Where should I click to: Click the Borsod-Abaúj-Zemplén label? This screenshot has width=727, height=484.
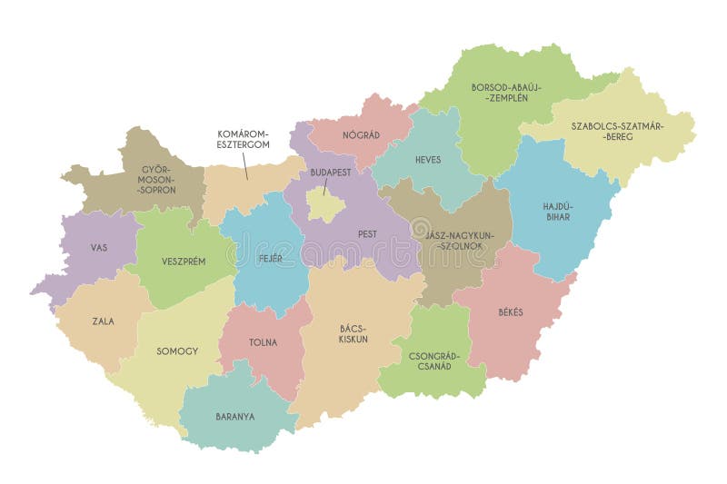point(506,93)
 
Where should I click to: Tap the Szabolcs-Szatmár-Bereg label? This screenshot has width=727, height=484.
point(618,132)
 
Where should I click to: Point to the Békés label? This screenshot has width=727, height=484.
point(511,311)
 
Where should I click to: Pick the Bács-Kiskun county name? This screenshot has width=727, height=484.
point(354,333)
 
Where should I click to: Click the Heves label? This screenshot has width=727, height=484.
point(428,160)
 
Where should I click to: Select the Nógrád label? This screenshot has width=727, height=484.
point(361,134)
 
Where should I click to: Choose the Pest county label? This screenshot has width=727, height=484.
point(367,233)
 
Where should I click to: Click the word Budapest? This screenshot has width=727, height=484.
point(331,172)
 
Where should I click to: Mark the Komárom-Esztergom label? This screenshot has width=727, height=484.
point(243,138)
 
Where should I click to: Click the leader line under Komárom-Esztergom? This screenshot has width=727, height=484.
point(244,165)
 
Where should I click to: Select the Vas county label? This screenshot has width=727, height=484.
point(99,247)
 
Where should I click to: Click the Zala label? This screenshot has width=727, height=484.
point(103,321)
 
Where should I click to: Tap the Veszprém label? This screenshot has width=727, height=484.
point(184,261)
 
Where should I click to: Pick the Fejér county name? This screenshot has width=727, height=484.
point(268,258)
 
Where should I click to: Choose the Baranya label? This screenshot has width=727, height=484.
point(235,417)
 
